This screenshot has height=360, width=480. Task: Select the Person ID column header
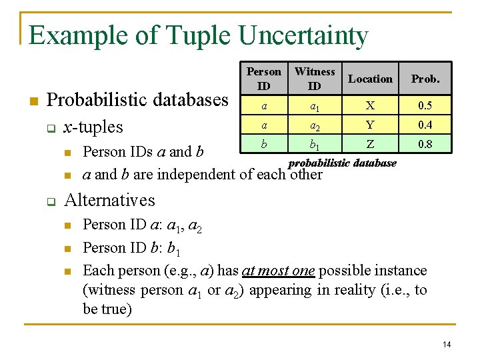click(x=264, y=79)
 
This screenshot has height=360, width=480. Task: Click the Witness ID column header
click(x=315, y=79)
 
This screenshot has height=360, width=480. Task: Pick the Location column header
click(x=370, y=79)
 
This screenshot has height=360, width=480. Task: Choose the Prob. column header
click(x=425, y=79)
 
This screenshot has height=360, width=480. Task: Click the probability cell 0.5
click(x=425, y=106)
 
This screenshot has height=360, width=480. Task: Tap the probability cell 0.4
click(x=425, y=125)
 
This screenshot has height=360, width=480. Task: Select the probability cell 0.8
click(x=425, y=143)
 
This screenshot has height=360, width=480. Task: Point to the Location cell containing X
click(x=370, y=106)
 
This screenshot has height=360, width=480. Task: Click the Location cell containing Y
click(x=370, y=125)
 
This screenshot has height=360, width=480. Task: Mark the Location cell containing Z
click(x=370, y=143)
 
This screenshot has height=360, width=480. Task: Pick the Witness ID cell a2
click(x=315, y=125)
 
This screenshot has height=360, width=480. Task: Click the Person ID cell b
click(x=264, y=143)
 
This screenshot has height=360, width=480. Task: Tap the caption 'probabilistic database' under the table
click(x=342, y=163)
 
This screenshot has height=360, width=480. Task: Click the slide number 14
click(x=447, y=344)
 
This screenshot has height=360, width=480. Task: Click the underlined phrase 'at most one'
click(x=278, y=271)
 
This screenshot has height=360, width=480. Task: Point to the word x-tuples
click(x=92, y=127)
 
